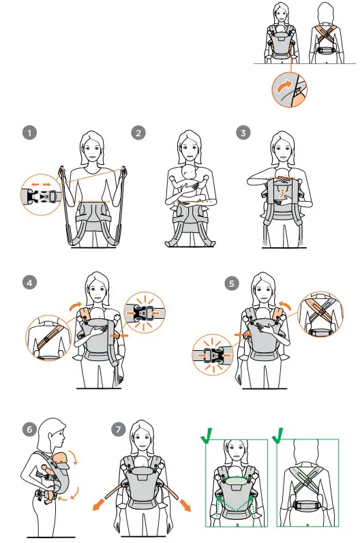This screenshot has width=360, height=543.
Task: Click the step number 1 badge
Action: (29, 133)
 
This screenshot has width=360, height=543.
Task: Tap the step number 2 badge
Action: (138, 133)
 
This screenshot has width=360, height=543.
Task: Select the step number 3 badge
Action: (243, 133)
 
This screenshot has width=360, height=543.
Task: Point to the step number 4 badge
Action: (29, 283)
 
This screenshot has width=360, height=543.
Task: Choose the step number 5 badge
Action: (232, 284)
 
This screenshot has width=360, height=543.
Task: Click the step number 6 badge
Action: (29, 430)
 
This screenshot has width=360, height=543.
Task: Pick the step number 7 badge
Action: (119, 430)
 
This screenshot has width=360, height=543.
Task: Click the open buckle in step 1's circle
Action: (42, 196)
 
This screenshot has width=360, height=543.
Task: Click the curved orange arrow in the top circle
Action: (284, 86)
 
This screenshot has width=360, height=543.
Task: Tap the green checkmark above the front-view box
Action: (207, 435)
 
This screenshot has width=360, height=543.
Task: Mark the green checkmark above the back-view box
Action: (278, 435)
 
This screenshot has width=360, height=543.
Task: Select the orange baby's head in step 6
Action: (60, 458)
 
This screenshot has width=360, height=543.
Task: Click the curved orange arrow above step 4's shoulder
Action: (75, 306)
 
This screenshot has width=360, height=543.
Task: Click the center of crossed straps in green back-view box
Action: (307, 481)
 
